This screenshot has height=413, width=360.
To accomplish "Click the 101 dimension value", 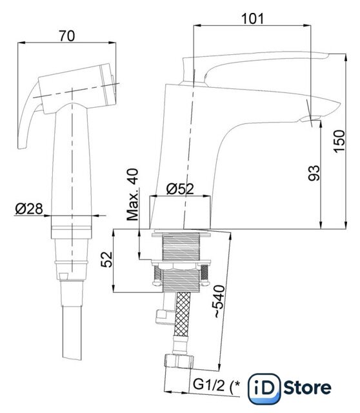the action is [x=252, y=19].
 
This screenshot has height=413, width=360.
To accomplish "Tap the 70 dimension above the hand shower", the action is [x=67, y=36].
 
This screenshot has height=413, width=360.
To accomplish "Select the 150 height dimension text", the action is [x=339, y=141].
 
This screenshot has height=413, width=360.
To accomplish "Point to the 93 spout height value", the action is [x=314, y=173].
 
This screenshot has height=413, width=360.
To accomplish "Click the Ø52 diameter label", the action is [x=180, y=188].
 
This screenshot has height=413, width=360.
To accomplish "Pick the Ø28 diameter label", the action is [x=28, y=209].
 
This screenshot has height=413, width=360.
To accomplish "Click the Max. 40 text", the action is [x=132, y=195].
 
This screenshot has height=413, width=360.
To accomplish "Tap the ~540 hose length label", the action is [x=219, y=301].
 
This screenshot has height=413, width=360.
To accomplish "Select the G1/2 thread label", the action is [x=209, y=385].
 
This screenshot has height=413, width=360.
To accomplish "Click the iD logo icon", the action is [x=265, y=388].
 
